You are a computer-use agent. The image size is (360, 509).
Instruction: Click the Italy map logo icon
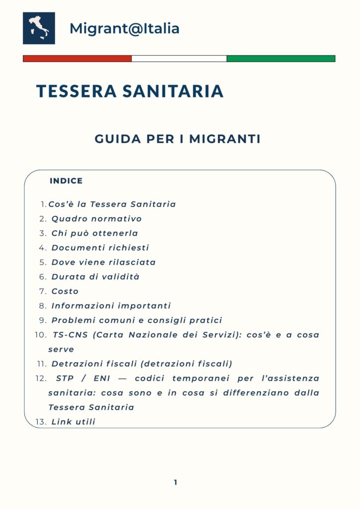point(39,28)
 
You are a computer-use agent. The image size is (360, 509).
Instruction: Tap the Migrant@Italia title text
point(124,29)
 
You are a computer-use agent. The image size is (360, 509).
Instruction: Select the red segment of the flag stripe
point(77,59)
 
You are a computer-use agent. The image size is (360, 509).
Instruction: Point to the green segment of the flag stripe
point(281,59)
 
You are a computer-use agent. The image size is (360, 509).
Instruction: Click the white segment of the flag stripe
point(179,59)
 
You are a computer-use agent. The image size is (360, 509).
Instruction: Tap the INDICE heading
point(66,181)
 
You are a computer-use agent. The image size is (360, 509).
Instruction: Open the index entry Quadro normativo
point(96,219)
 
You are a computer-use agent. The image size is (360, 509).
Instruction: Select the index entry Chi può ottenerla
point(94,233)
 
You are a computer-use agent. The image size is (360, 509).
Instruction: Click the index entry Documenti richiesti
point(100,248)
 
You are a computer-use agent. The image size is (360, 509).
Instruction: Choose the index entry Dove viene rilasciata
point(103,262)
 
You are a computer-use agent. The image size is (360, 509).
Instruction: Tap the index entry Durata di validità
point(95,276)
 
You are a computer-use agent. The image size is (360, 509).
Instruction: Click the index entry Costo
point(65,291)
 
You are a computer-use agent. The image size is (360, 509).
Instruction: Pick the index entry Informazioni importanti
point(111,306)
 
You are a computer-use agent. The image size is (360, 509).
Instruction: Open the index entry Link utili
point(73,422)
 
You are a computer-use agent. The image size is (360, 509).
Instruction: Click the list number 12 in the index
point(41,379)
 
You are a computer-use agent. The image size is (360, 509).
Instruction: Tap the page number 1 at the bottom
point(176,482)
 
